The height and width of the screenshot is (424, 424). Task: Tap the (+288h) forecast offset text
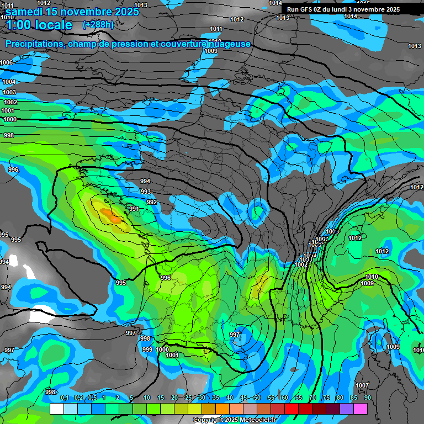click(98, 24)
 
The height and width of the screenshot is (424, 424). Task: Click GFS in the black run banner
click(310, 9)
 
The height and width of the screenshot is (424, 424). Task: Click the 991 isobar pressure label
click(134, 209)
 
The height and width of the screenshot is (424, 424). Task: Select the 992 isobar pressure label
click(152, 202)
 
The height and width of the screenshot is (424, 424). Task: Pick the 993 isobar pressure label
click(146, 192)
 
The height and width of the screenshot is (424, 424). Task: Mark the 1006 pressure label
click(7, 62)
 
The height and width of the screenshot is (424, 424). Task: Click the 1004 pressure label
click(9, 82)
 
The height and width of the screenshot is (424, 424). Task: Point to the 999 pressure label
click(147, 349)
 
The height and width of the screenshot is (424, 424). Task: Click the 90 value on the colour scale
click(367, 398)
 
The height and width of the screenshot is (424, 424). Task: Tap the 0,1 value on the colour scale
click(64, 398)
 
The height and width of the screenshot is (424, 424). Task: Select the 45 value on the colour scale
click(243, 398)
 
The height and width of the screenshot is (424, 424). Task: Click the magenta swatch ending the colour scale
click(361, 409)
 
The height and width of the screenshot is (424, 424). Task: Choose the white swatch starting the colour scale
click(56, 409)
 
